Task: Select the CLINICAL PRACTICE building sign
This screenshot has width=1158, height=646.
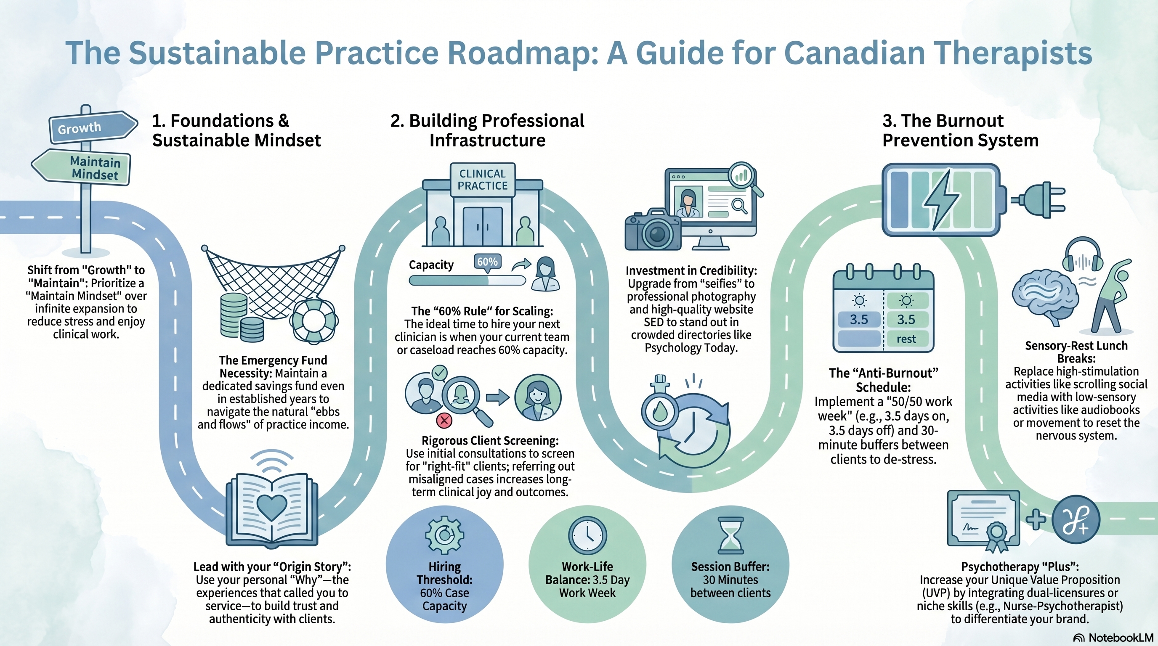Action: tap(482, 179)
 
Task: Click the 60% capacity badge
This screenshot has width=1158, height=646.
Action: tap(487, 262)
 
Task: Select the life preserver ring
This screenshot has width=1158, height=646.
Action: tap(313, 320)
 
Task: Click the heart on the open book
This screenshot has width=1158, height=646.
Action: tap(271, 507)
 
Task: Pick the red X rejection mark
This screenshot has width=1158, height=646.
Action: tap(444, 421)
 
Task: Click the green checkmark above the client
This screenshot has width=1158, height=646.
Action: tap(439, 372)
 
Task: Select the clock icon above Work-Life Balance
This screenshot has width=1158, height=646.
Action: tap(587, 535)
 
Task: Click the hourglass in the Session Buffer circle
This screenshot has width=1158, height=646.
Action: tap(731, 535)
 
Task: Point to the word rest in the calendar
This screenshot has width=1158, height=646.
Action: tap(906, 339)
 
